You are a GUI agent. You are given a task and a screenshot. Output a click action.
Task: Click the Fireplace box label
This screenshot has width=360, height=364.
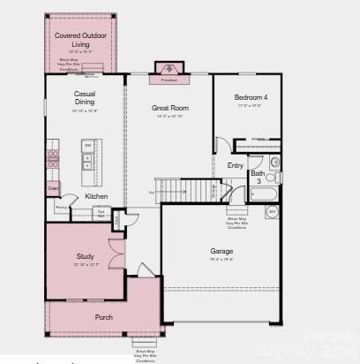click(169, 79)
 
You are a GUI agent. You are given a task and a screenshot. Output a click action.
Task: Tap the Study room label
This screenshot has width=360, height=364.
click(85, 256)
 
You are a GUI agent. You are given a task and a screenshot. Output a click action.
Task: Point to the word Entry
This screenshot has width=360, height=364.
click(236, 165)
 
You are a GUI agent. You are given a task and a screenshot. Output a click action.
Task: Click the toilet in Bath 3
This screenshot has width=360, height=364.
click(274, 163)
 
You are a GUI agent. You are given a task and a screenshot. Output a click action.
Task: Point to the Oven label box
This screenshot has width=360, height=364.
click(54, 187)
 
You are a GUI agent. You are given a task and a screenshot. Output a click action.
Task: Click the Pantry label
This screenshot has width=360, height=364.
click(61, 207)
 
